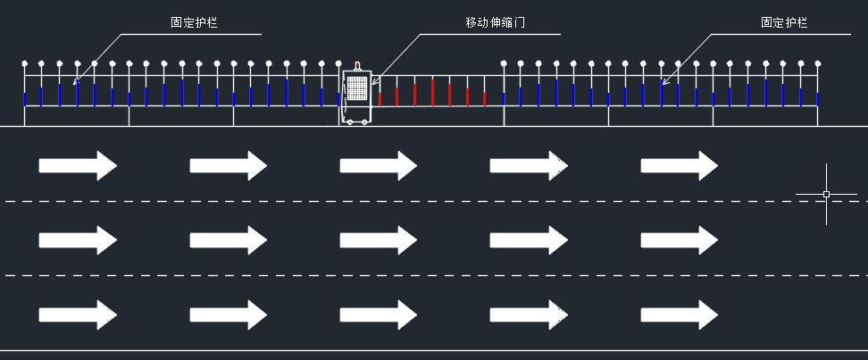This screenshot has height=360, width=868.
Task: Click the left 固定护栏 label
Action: pyautogui.click(x=194, y=22)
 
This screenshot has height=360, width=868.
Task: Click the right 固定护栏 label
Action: pyautogui.click(x=784, y=22)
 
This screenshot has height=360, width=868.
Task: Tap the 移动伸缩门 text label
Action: pyautogui.click(x=495, y=22)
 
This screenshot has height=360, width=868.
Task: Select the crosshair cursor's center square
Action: pyautogui.click(x=827, y=195)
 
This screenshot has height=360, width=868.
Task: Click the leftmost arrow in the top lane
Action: pyautogui.click(x=78, y=165)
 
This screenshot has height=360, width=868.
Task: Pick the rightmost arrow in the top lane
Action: pyautogui.click(x=680, y=165)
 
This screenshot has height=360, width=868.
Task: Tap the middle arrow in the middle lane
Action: pyautogui.click(x=378, y=239)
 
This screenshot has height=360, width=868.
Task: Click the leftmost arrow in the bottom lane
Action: pyautogui.click(x=78, y=314)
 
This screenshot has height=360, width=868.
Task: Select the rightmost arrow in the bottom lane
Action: pyautogui.click(x=680, y=314)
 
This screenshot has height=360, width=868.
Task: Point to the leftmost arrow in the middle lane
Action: pyautogui.click(x=78, y=239)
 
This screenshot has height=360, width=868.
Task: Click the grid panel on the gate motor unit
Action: pyautogui.click(x=357, y=88)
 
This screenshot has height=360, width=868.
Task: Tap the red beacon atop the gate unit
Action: pyautogui.click(x=357, y=66)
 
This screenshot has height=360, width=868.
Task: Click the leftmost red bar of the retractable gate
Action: pyautogui.click(x=380, y=99)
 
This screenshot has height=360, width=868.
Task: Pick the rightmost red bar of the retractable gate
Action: pyautogui.click(x=484, y=99)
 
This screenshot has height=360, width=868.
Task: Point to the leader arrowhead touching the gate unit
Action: pyautogui.click(x=373, y=82)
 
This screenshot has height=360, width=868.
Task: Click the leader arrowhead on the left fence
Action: pyautogui.click(x=76, y=82)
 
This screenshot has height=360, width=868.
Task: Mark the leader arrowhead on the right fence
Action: pyautogui.click(x=664, y=82)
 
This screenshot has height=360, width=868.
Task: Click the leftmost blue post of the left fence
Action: pyautogui.click(x=24, y=99)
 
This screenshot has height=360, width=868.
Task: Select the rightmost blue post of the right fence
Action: pyautogui.click(x=818, y=99)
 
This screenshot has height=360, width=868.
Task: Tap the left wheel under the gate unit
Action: pyautogui.click(x=348, y=121)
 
